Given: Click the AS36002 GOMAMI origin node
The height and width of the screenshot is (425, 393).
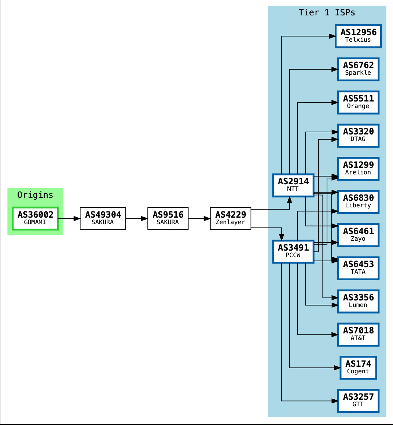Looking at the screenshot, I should [x=35, y=218].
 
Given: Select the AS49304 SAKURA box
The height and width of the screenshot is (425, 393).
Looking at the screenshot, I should [x=103, y=218].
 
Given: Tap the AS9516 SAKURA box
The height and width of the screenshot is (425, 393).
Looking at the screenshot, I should [x=168, y=218].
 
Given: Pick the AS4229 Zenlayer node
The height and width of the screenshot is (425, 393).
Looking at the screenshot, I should [x=231, y=218].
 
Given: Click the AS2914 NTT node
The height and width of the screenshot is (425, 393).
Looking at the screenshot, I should [x=293, y=185].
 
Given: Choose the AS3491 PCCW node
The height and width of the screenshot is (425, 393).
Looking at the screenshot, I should [x=293, y=251].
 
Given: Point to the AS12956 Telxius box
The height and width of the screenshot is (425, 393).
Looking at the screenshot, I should [x=358, y=36].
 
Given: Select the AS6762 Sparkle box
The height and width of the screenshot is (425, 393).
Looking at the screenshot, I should [x=358, y=69].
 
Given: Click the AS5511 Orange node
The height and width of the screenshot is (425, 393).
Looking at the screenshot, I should [x=358, y=102].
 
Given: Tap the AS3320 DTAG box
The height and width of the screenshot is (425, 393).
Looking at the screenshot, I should [x=358, y=136].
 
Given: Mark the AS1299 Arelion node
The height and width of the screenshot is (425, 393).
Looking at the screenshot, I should [x=358, y=169].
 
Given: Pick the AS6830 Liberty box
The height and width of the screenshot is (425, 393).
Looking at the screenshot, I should [x=358, y=202].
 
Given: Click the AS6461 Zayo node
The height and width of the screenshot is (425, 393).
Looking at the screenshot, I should [x=358, y=235].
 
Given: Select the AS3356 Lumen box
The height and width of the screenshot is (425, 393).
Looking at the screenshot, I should [x=358, y=301].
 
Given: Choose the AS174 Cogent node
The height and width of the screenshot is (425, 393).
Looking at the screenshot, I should [x=358, y=367].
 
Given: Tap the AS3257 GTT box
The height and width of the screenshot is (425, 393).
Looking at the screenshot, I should [x=358, y=400].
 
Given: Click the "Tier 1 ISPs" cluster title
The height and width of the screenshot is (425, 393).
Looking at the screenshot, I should [x=327, y=12].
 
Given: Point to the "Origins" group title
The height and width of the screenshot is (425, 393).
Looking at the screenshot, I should [x=35, y=195].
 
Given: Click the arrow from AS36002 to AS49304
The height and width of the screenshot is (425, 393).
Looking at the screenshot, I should [x=69, y=219].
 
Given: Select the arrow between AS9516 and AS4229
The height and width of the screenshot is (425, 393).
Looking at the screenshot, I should [x=199, y=219].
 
